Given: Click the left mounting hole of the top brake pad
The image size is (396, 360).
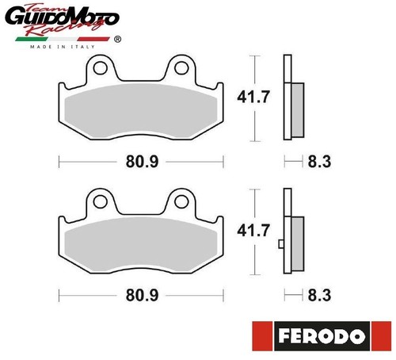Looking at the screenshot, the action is click(x=101, y=68).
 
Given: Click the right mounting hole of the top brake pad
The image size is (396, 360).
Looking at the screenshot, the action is click(x=181, y=68).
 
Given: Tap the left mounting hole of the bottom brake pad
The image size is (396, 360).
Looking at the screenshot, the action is click(x=101, y=201).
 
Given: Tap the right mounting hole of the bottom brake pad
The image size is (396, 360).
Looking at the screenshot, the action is click(x=181, y=201).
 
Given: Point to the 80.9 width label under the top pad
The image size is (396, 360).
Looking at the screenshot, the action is click(x=142, y=162).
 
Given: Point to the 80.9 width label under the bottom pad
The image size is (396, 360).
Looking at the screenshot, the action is click(x=142, y=295).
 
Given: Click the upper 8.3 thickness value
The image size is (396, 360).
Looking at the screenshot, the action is click(x=319, y=162).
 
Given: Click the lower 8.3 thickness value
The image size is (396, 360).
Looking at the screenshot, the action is click(x=319, y=295).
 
